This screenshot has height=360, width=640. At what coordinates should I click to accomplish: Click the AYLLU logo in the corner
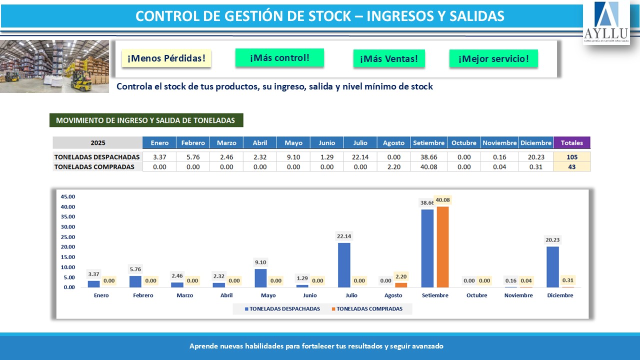coord(606,22)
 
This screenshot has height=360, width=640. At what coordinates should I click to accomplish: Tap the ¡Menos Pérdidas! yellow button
coord(166,58)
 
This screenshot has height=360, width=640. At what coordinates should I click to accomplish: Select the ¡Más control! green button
coord(279,57)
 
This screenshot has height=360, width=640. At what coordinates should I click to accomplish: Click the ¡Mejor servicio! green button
coord(493,58)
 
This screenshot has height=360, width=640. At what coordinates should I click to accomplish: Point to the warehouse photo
coord(54,66)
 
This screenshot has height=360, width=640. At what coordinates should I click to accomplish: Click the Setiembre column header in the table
coord(428,142)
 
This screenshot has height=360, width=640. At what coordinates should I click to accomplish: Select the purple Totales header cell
coord(571,142)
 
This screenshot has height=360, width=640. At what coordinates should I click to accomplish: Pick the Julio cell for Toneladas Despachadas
coord(360,157)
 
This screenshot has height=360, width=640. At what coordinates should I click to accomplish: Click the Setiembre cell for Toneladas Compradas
coord(428,167)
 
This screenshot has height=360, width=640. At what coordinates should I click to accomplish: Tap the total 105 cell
coord(571,157)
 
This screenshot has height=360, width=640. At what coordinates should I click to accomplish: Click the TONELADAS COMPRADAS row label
coord(94,167)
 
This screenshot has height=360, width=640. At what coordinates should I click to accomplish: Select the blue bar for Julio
coord(344,265)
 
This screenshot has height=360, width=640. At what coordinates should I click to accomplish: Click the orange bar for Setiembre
coord(442,247)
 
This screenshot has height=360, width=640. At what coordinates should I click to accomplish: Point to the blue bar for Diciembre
coord(552,267)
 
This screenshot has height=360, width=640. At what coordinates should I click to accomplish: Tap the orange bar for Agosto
coord(401,285)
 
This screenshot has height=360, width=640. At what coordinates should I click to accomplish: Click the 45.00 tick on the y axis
coord(67,196)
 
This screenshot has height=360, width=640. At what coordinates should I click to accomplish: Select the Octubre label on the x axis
coord(476,295)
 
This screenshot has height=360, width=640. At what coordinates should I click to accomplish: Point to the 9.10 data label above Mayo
coord(260,262)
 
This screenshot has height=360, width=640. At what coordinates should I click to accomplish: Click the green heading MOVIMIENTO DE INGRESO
coord(145,120)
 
